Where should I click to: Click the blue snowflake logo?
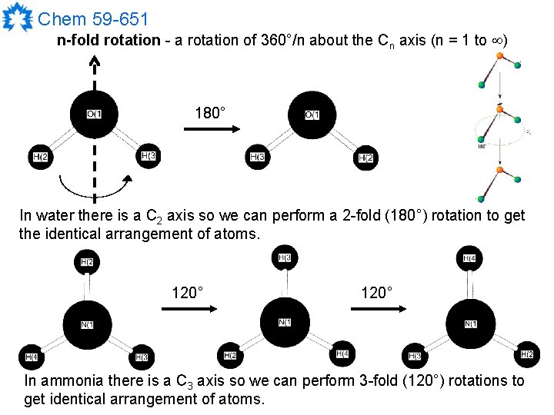pos(17,17)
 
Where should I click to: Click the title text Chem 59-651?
pos(93,18)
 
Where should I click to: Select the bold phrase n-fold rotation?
pos(108,40)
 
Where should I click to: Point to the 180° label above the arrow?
pos(210,114)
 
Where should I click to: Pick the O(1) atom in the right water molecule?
pos(312,115)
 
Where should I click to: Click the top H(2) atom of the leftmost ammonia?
pos(87,263)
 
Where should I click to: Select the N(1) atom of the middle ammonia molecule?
pos(284,321)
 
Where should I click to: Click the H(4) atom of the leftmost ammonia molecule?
pos(31,357)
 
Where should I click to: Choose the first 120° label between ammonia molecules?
pos(188,293)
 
